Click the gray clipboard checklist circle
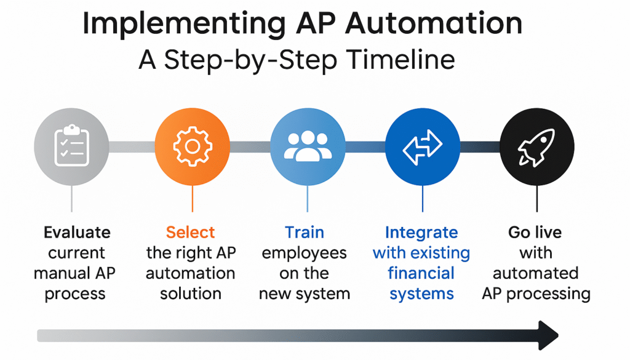pyautogui.click(x=71, y=146)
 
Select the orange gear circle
pyautogui.click(x=192, y=146)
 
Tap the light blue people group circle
pyautogui.click(x=307, y=146)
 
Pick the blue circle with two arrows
pyautogui.click(x=422, y=146)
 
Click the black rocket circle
pyautogui.click(x=536, y=146)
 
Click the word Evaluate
pyautogui.click(x=77, y=233)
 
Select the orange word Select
pyautogui.click(x=191, y=233)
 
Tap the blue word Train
pyautogui.click(x=304, y=233)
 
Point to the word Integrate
pyautogui.click(x=421, y=233)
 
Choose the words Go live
pyautogui.click(x=535, y=233)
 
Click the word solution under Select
pyautogui.click(x=191, y=294)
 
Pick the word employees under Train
pyautogui.click(x=304, y=253)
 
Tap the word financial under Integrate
pyautogui.click(x=421, y=273)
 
